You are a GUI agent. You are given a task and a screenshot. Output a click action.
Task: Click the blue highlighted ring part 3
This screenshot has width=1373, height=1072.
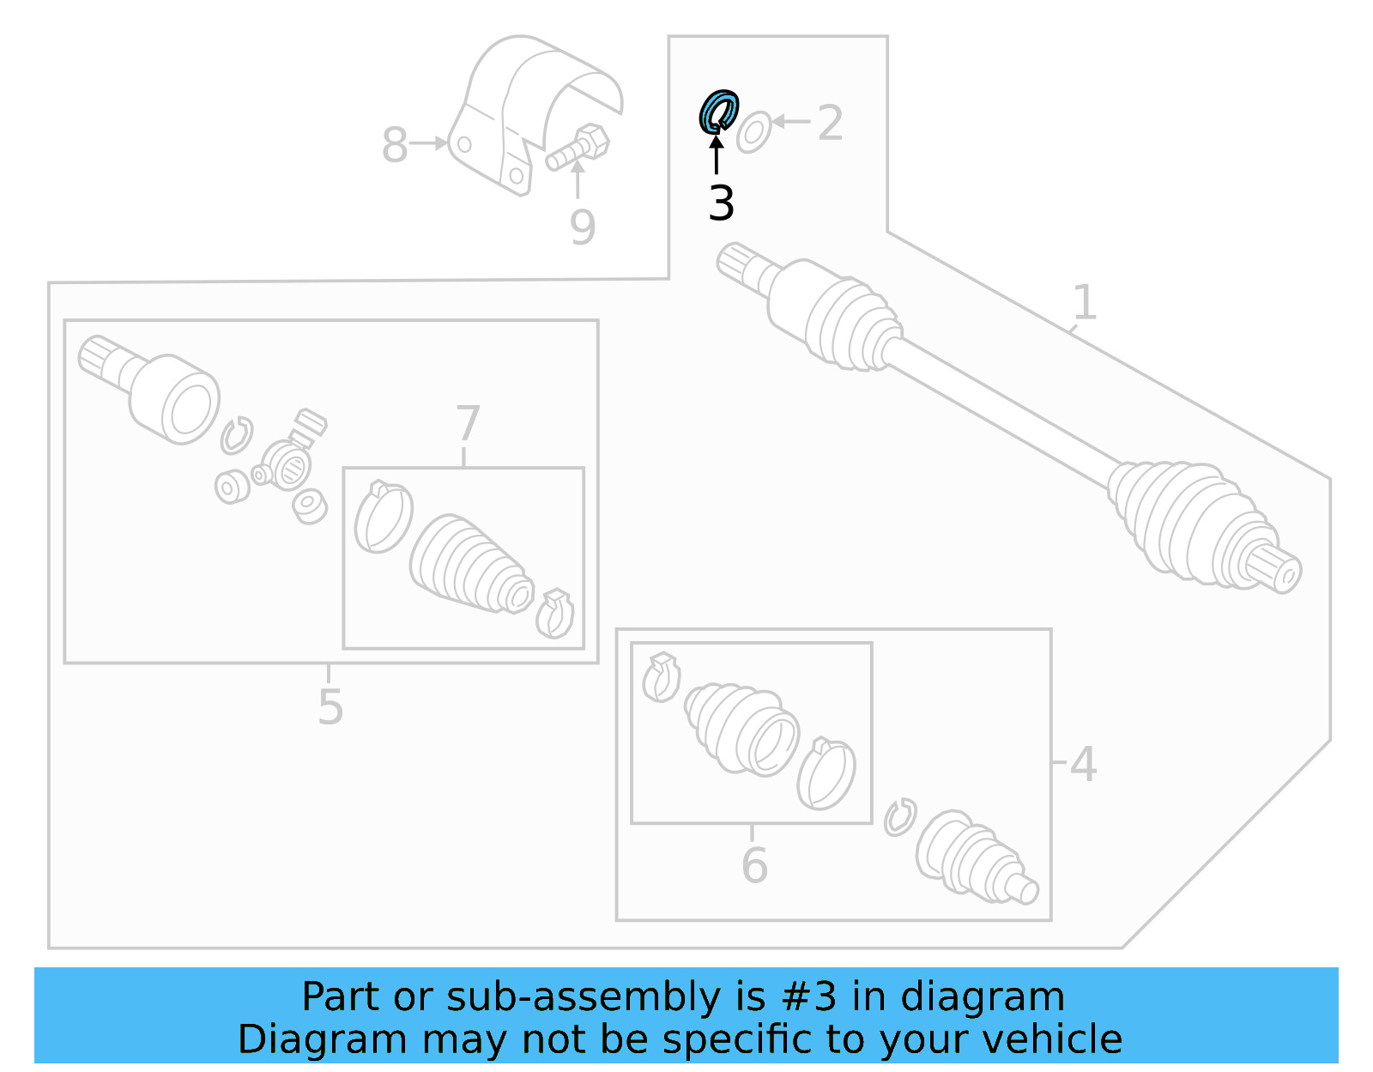717,112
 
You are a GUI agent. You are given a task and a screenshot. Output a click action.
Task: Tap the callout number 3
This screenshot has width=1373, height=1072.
722,204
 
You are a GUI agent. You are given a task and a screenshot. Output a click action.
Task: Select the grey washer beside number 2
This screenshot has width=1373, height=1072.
753,132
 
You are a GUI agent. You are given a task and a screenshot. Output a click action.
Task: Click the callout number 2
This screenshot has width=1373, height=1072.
830,123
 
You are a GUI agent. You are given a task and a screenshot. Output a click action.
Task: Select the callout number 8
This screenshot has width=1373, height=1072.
394,144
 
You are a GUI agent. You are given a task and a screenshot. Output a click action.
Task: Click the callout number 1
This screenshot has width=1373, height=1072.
1085,302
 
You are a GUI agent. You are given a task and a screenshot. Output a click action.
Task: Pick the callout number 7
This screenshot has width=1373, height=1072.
467,423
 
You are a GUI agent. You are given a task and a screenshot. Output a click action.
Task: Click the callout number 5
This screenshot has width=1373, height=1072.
330,706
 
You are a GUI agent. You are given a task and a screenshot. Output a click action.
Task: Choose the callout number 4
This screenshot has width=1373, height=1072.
1083,763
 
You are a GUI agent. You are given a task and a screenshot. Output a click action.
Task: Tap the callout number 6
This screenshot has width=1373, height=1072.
754,864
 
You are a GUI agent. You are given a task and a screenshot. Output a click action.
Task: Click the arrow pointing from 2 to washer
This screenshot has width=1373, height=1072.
790,122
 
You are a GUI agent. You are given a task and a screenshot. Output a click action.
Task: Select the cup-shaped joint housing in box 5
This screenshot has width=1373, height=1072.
176,398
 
